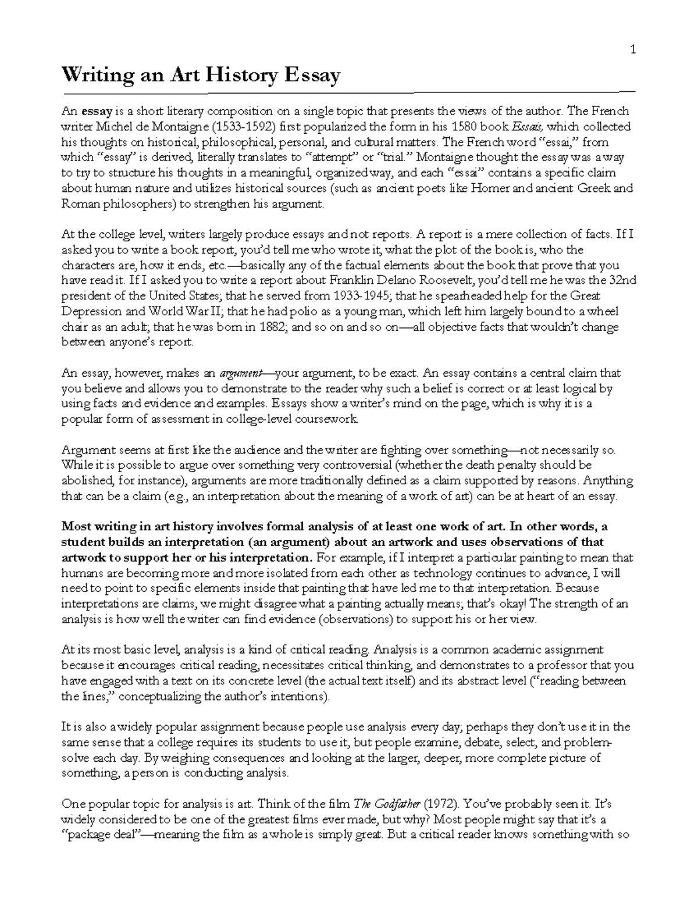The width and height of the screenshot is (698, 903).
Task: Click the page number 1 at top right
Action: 633,50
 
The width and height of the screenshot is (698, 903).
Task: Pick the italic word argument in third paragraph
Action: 240,373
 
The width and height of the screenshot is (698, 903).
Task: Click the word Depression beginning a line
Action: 89,311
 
